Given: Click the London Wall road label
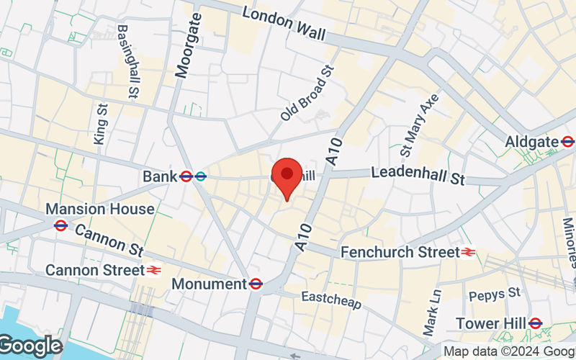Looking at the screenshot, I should pos(284,24).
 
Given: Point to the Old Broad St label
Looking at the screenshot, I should pos(308,93).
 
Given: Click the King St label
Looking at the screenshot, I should pos(100,123).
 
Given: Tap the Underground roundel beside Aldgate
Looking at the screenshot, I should pos(567,142).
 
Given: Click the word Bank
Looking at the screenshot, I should pos(159,176).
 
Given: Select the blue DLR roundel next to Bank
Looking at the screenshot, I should pos(201,176).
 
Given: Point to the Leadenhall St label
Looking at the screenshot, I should pos(418,175).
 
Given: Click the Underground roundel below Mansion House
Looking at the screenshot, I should pos(60,225).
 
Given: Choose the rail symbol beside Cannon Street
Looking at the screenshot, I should pos(153,270).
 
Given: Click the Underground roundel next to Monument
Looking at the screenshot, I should pos(256,284).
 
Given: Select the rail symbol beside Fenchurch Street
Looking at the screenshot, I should pos(468,252).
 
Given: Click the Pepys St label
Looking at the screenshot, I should pos(494,294).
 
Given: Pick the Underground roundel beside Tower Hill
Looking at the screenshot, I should pos(535,323).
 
